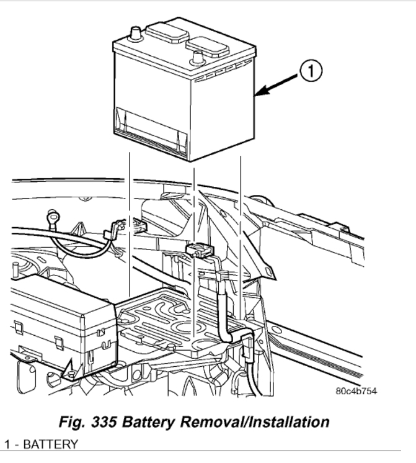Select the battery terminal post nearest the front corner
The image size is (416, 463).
[x=198, y=57]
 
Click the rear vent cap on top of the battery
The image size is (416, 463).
[x=164, y=31]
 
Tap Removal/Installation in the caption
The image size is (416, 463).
[x=264, y=423]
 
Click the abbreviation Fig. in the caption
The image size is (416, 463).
[x=71, y=423]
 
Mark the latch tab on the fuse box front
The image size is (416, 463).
[x=58, y=343]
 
